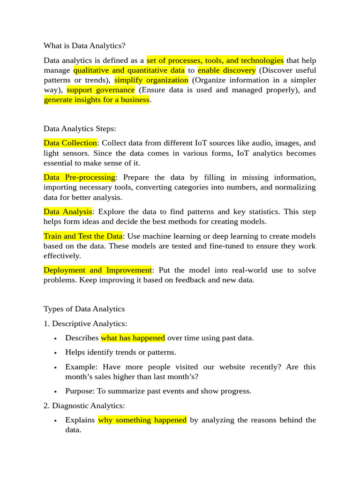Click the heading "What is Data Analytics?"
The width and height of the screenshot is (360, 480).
[x=84, y=46]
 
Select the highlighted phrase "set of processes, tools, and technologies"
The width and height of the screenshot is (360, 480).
[x=215, y=60]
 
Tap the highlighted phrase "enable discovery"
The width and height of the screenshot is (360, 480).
[x=226, y=70]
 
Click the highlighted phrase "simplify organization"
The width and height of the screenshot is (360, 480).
[x=151, y=80]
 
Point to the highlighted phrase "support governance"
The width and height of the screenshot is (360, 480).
[x=101, y=90]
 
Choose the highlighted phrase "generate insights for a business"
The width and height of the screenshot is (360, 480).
[x=97, y=100]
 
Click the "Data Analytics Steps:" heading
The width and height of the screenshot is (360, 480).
[x=80, y=128]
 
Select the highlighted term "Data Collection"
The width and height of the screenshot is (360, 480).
[x=70, y=143]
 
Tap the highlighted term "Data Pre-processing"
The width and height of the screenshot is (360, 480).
[x=79, y=177]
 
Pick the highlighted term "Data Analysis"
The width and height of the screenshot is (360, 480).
[x=68, y=212]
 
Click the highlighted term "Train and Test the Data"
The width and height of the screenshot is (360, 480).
[x=83, y=236]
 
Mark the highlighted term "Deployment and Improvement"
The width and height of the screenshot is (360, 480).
[x=97, y=270]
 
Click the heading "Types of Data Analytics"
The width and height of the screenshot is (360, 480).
[x=84, y=309]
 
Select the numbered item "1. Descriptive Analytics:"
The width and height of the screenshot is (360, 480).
[x=85, y=323]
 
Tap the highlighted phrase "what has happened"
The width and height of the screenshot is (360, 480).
[x=133, y=338]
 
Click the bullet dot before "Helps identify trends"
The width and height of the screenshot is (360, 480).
[x=55, y=353]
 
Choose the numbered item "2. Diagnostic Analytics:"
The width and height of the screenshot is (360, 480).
[x=84, y=405]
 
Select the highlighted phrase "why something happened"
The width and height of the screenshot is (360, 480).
[x=142, y=420]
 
